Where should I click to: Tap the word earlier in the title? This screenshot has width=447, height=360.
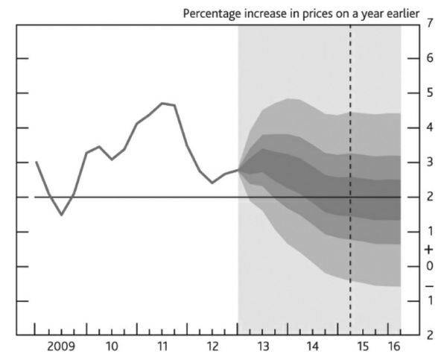[399, 13]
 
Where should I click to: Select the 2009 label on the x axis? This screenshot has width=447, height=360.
[61, 347]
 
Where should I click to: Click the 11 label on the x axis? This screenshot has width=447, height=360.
[162, 347]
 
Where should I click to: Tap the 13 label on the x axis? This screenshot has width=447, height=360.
[263, 347]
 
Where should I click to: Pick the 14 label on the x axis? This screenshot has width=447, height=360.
[314, 347]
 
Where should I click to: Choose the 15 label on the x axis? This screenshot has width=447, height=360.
[364, 347]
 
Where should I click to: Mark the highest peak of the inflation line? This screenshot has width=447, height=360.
[162, 103]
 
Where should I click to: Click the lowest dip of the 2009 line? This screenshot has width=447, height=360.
[62, 215]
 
